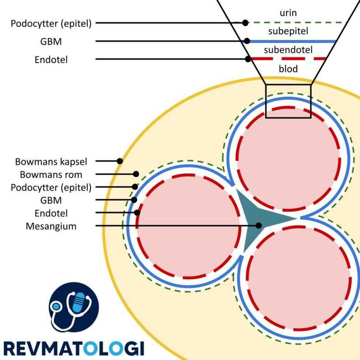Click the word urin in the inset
[x=288, y=12]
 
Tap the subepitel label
[x=288, y=31]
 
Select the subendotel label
[x=288, y=49]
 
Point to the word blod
[x=288, y=69]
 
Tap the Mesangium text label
[x=51, y=226]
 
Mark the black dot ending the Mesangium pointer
[x=259, y=225]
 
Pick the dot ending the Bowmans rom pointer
[x=136, y=174]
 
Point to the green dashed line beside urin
[x=298, y=23]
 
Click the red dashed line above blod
[x=288, y=59]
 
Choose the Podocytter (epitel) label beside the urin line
[x=51, y=23]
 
